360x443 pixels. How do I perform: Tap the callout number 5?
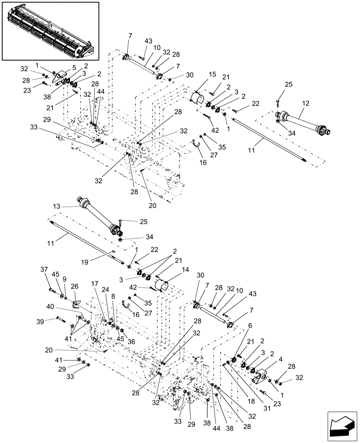pyautogui.click(x=68, y=68)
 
